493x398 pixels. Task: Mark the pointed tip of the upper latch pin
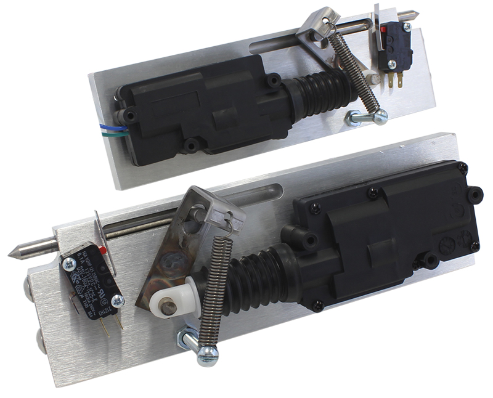pyautogui.click(x=417, y=16)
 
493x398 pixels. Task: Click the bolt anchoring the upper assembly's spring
pyautogui.click(x=367, y=117)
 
